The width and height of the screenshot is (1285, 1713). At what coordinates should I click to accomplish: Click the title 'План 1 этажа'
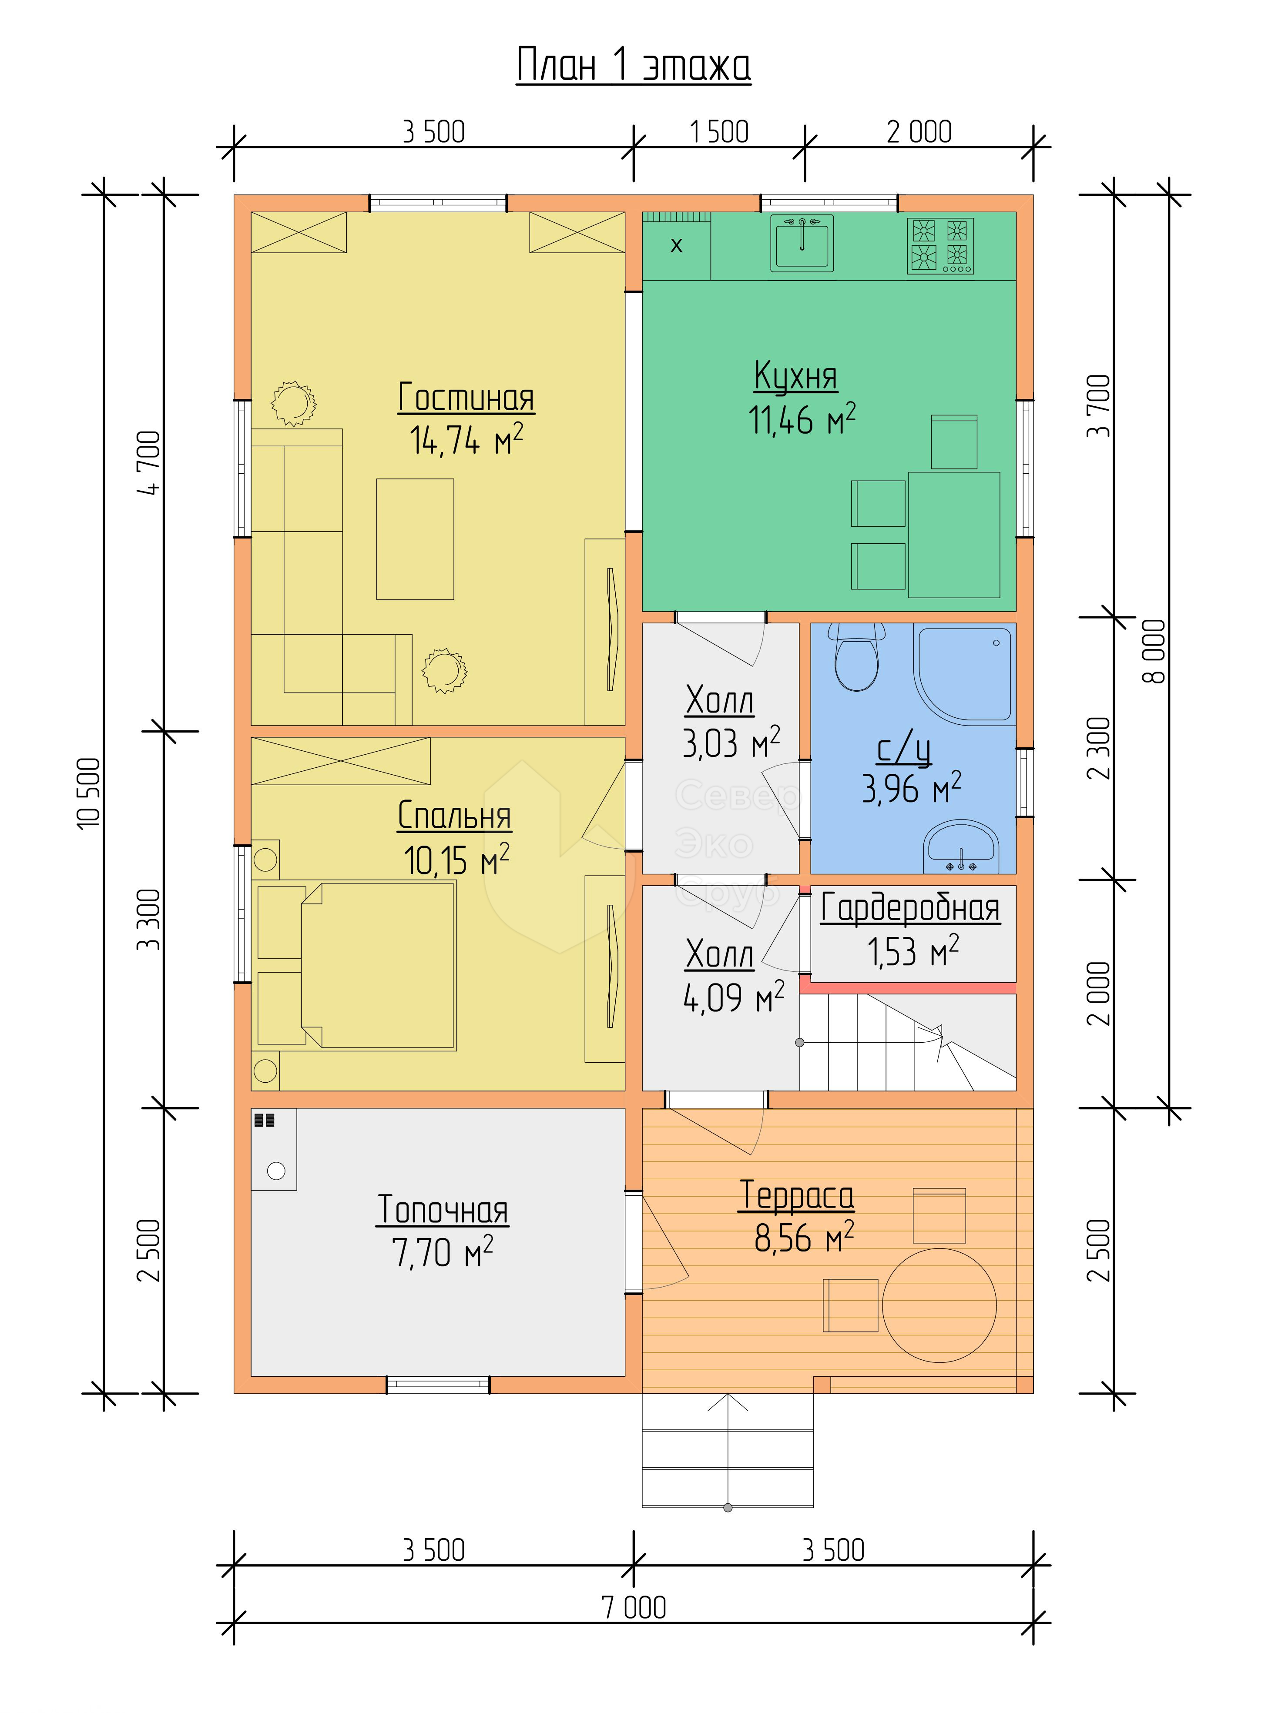634,65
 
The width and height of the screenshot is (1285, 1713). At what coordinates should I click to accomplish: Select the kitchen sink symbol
802,243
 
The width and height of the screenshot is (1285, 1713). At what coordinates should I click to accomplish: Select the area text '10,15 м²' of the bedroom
456,860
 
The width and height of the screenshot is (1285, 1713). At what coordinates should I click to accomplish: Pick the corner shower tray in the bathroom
964,674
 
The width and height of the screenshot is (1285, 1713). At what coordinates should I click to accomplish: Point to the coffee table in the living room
415,539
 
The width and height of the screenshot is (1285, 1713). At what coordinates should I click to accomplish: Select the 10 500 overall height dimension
90,794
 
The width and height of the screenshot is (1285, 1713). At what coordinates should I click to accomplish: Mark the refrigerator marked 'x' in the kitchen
676,245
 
